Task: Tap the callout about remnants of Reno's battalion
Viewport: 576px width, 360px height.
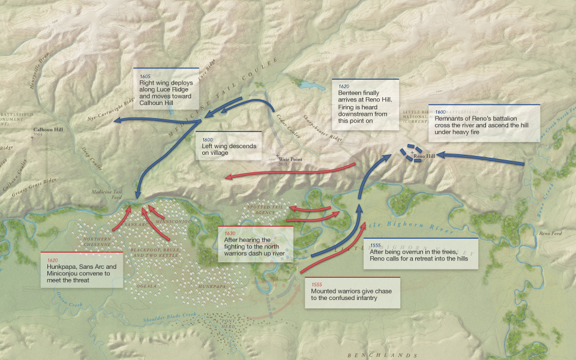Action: pos(485,123)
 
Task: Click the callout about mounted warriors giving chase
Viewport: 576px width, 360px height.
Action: pos(352,293)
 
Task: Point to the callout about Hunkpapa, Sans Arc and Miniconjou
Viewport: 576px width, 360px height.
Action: pos(82,269)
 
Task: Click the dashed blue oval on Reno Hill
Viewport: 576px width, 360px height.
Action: pos(413,153)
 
